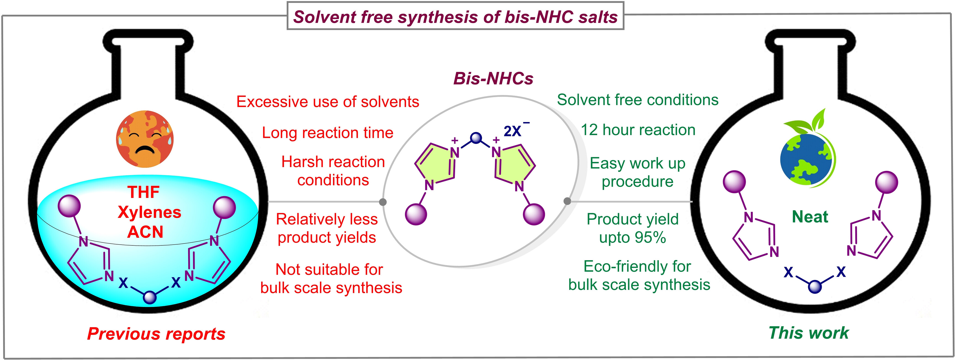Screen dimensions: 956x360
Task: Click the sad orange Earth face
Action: [x=145, y=139]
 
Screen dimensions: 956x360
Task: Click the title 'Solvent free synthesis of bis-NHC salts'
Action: [x=455, y=17]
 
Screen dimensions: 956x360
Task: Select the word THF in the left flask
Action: [x=144, y=192]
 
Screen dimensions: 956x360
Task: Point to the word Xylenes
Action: [x=150, y=212]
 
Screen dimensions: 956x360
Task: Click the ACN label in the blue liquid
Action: [x=145, y=232]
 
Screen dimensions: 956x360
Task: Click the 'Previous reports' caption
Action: [x=156, y=334]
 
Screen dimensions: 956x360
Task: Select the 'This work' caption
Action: [x=809, y=333]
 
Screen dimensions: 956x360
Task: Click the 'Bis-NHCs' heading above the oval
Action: [x=493, y=78]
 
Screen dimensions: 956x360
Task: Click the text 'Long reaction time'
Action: [x=327, y=133]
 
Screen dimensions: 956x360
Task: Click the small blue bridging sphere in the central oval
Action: [x=476, y=138]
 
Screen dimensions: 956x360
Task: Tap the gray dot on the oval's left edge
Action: [x=383, y=202]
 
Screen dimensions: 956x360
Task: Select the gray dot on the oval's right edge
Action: [x=567, y=201]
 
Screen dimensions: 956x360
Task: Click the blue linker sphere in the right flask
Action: [x=815, y=287]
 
